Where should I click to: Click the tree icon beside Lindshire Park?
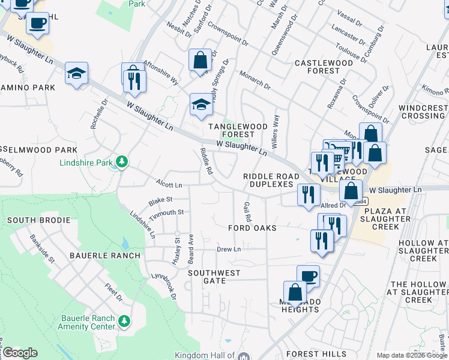(122, 162)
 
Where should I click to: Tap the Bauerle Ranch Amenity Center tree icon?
(124, 321)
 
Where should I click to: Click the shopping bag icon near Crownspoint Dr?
(200, 60)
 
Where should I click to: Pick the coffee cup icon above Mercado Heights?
(308, 276)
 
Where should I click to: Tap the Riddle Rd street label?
(206, 161)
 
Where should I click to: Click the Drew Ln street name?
(228, 249)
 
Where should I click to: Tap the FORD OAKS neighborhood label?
(252, 229)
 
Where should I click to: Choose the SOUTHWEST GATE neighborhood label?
(214, 277)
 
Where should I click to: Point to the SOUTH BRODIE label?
(35, 221)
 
